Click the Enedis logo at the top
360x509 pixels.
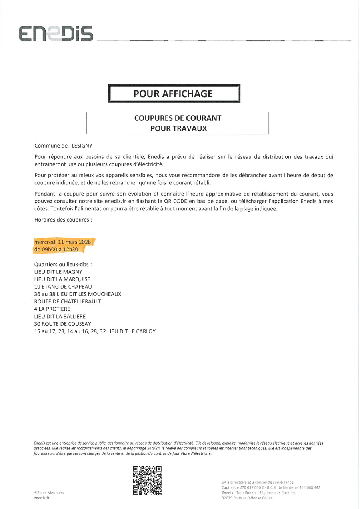click(56, 34)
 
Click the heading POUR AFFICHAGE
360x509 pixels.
click(173, 94)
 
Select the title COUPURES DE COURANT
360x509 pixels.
click(178, 118)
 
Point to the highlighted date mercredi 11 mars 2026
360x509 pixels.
click(63, 242)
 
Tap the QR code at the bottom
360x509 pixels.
click(147, 480)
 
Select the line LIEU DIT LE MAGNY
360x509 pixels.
click(58, 272)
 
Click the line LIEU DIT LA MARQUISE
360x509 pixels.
click(62, 279)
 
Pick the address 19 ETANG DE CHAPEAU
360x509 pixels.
click(63, 287)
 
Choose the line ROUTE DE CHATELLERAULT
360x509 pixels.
click(68, 301)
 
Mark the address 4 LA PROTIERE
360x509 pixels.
click(52, 309)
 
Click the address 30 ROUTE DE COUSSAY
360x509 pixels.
click(63, 324)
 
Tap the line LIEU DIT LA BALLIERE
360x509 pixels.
click(60, 316)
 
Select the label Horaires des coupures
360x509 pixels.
click(63, 220)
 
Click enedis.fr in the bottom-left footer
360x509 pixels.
click(42, 498)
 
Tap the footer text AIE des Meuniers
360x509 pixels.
click(49, 493)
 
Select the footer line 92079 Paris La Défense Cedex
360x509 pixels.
click(247, 498)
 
